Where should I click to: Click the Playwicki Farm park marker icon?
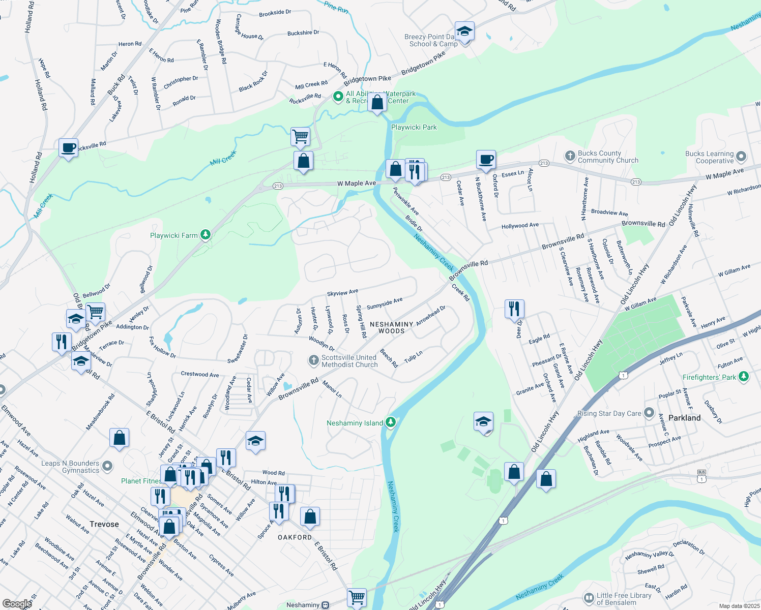click(205, 234)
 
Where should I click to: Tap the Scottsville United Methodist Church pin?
click(313, 360)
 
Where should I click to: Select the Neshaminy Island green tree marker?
click(390, 422)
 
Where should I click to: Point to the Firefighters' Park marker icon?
click(744, 376)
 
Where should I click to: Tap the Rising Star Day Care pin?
click(649, 413)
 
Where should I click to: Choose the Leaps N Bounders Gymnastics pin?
click(107, 466)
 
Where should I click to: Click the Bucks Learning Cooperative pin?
click(741, 156)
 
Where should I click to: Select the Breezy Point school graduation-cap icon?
click(464, 32)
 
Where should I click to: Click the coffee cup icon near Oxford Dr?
click(486, 159)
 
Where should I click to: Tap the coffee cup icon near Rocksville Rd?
click(68, 148)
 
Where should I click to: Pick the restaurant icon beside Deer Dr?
click(514, 309)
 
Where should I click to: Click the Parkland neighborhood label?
click(684, 418)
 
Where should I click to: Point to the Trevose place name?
click(104, 524)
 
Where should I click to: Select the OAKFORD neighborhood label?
click(295, 537)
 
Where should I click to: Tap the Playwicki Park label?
click(414, 127)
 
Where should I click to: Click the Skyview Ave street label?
click(342, 293)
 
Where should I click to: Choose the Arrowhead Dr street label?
click(430, 316)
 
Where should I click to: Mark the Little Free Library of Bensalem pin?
click(589, 598)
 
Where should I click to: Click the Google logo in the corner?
click(17, 603)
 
